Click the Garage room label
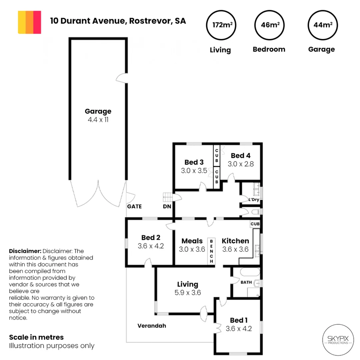point(98,111)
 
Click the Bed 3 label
point(194,162)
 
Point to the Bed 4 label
point(240,155)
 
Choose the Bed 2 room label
point(151,238)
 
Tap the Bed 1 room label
point(238,320)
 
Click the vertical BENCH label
point(211,251)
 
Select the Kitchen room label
point(235,241)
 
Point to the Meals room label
point(192,241)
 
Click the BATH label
point(246,282)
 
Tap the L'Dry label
point(254,200)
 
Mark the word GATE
point(134,206)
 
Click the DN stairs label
point(167,206)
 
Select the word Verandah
point(152,326)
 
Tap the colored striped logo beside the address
point(30,22)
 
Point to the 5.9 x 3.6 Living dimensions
point(187,293)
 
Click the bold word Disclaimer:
point(24,251)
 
